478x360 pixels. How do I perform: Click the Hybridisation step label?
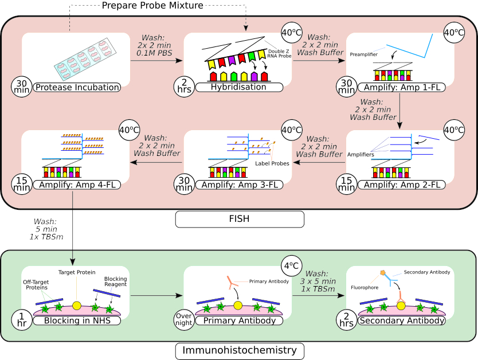tap(240, 87)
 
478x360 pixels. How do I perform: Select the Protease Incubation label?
tap(77, 87)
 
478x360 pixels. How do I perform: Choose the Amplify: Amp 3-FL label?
tap(240, 185)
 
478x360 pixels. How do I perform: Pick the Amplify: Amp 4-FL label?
tap(77, 185)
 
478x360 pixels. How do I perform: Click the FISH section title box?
tap(239, 219)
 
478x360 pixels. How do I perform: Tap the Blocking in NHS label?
tap(77, 320)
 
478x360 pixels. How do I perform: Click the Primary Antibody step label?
tap(240, 320)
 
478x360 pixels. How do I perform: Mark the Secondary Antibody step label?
tap(402, 320)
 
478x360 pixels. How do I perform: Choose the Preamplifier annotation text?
tap(365, 54)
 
